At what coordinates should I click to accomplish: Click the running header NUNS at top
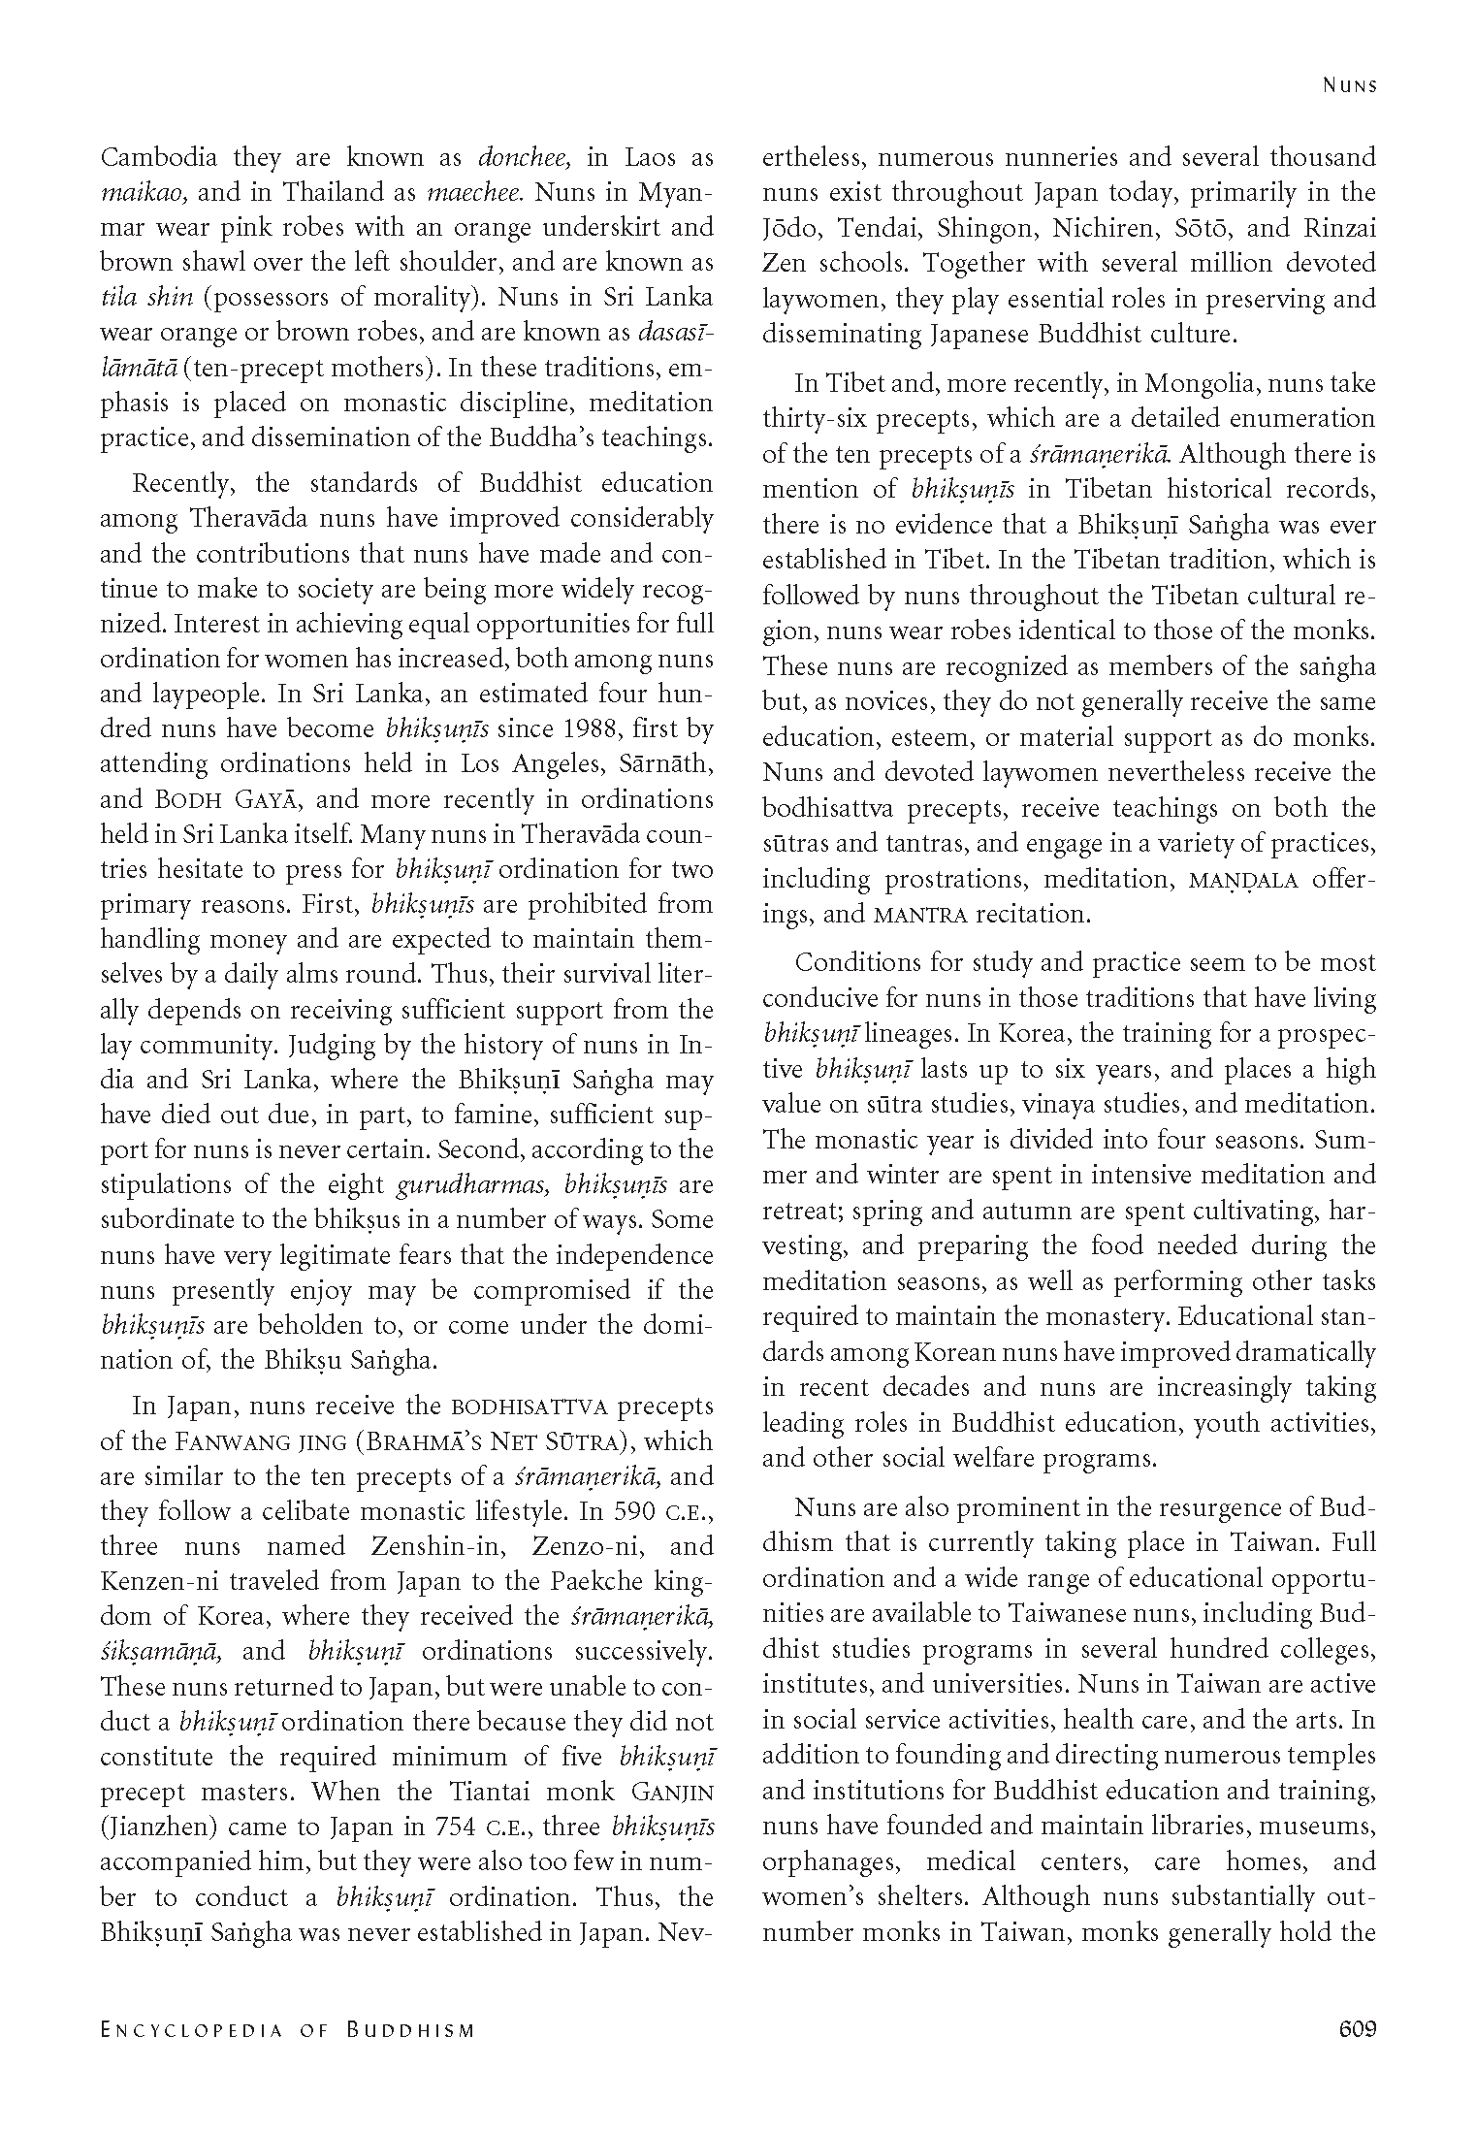click(1350, 85)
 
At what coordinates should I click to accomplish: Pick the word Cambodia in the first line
click(160, 157)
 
